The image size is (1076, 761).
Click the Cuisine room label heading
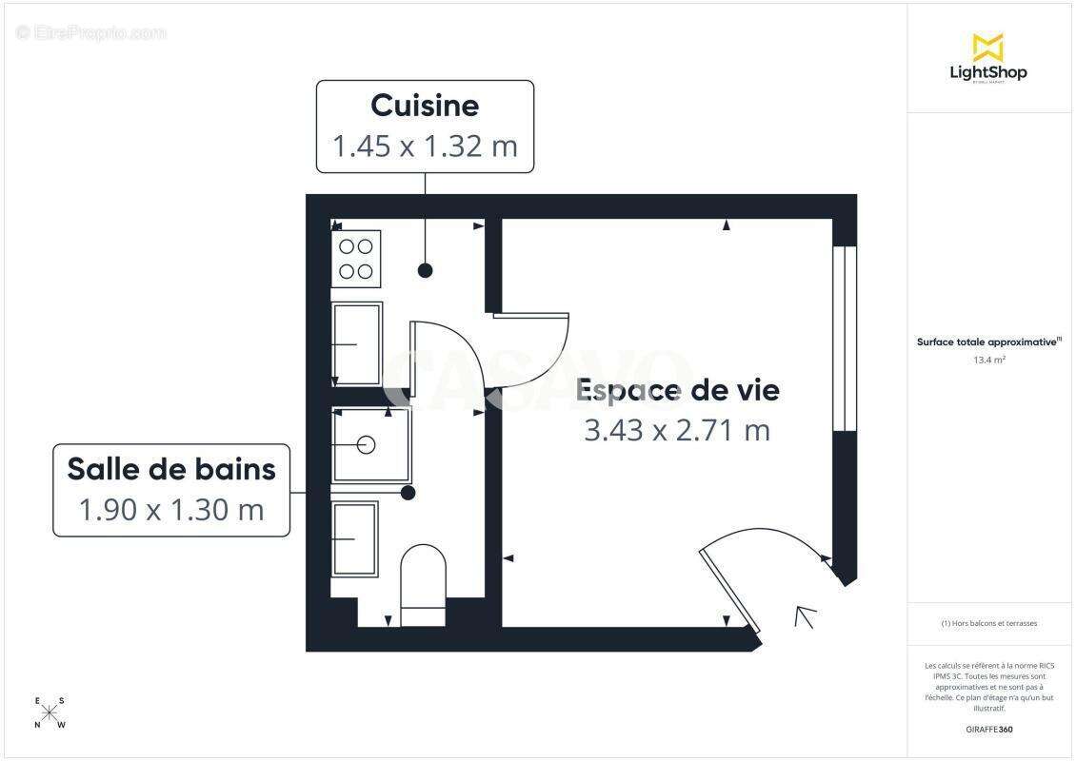(425, 105)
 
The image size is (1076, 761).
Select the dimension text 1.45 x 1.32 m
(425, 146)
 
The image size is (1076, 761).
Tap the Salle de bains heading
(171, 469)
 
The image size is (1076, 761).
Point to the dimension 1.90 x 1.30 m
(171, 510)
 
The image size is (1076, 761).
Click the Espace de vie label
(678, 390)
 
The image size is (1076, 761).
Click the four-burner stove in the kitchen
(356, 258)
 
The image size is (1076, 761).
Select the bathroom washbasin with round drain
(369, 443)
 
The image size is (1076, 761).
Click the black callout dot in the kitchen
(426, 271)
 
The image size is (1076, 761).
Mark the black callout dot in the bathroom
(408, 493)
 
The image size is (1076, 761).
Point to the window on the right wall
(839, 339)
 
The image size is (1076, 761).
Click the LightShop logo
(988, 59)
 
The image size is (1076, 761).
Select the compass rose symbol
(50, 712)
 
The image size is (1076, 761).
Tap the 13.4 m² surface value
(989, 360)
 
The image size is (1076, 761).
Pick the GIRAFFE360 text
(988, 730)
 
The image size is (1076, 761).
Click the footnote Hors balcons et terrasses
(988, 624)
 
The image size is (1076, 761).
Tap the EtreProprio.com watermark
(91, 33)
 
